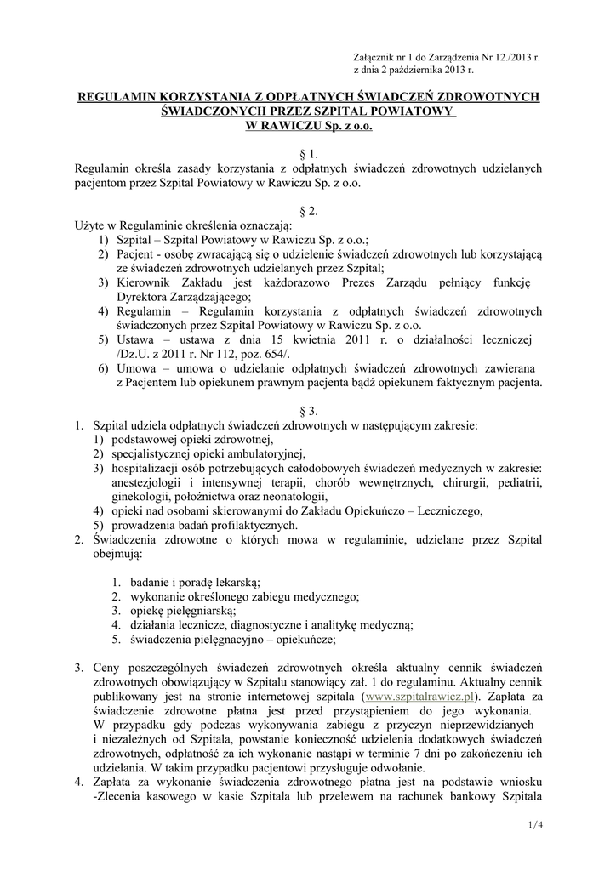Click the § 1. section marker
(308, 154)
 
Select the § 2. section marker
(308, 211)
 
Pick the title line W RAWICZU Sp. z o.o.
(308, 126)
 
